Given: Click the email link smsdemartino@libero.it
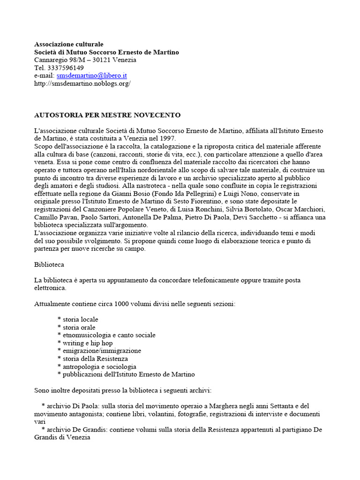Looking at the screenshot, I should [92, 75].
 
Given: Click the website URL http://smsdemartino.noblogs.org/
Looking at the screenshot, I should [82, 83].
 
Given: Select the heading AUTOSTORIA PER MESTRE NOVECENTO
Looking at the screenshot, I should [107, 115].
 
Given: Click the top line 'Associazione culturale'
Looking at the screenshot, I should [69, 44].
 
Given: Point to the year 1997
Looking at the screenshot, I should [167, 138].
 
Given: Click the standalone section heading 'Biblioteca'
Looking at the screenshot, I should [49, 264].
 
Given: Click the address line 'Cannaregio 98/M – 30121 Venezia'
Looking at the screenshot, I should [85, 60].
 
